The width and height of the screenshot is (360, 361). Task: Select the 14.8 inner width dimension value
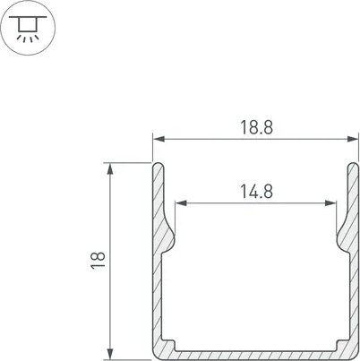click(256, 190)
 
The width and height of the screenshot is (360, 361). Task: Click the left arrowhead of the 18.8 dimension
click(157, 140)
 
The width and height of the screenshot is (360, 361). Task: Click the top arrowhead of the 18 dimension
click(109, 168)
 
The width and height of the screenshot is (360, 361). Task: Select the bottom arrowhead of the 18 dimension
click(109, 353)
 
